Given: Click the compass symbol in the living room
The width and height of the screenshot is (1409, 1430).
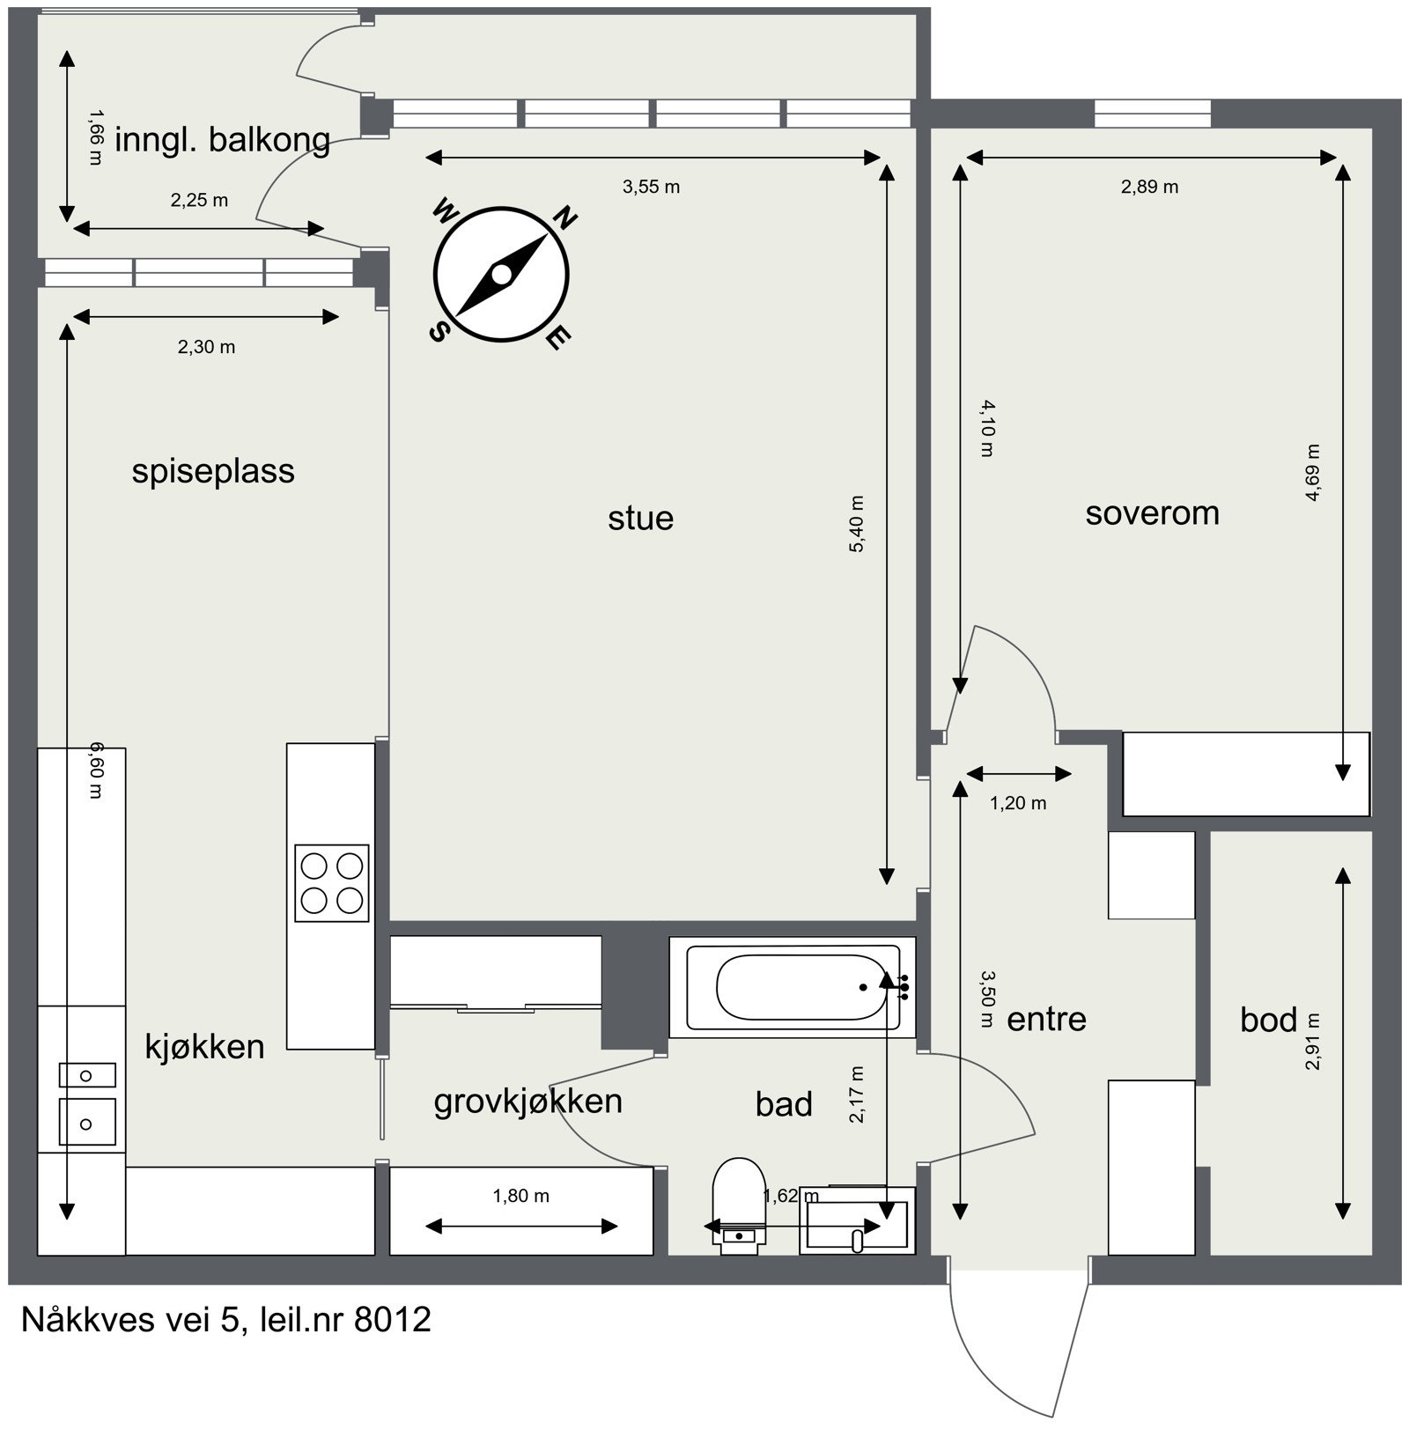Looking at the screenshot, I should click(x=501, y=275).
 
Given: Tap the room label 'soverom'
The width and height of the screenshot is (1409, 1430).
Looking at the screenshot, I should click(x=1152, y=512).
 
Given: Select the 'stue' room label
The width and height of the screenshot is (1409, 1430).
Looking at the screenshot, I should click(x=640, y=518).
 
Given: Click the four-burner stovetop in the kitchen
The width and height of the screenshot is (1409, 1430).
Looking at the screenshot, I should click(x=331, y=883).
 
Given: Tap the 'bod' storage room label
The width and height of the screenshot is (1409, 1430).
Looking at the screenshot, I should click(x=1268, y=1020).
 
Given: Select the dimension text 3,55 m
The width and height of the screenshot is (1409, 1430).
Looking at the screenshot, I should click(x=651, y=187).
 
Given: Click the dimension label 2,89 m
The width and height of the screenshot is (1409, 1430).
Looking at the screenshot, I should click(x=1149, y=187).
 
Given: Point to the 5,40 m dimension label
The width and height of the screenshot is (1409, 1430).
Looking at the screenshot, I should click(x=856, y=524).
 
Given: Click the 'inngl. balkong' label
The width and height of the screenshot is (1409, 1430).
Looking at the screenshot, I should click(x=222, y=140).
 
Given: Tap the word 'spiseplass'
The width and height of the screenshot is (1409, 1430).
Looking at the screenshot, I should click(x=213, y=471).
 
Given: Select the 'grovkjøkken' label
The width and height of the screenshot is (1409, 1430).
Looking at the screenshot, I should click(x=527, y=1102).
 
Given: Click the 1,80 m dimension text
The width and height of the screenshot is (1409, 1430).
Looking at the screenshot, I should click(x=520, y=1196).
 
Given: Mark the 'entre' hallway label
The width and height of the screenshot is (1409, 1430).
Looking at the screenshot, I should click(x=1046, y=1019).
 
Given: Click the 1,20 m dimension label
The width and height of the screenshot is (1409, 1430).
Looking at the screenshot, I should click(x=1018, y=803).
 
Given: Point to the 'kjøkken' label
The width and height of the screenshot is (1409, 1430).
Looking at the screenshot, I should click(x=204, y=1046).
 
